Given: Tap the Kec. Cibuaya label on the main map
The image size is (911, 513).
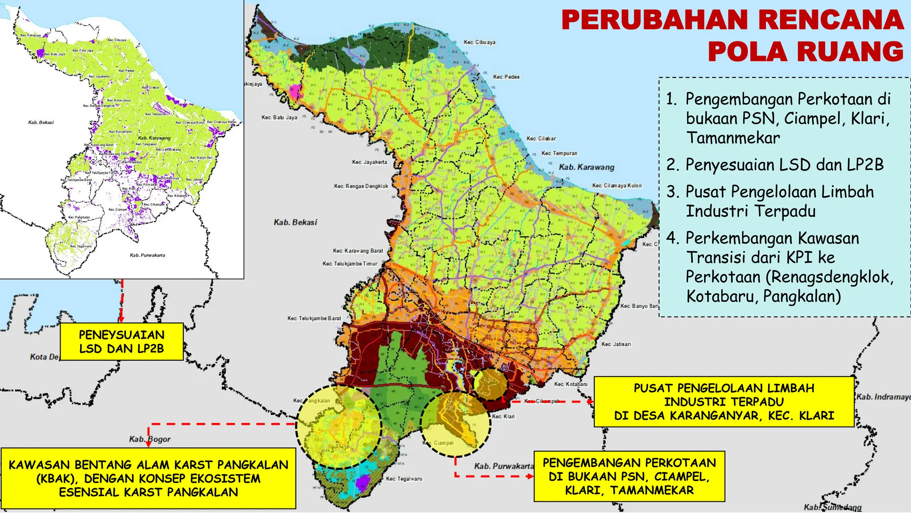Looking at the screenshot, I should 479,42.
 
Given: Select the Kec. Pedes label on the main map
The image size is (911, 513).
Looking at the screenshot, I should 506,77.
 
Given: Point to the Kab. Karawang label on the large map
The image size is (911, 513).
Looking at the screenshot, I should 586,167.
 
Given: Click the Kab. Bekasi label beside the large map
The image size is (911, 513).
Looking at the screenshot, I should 295,222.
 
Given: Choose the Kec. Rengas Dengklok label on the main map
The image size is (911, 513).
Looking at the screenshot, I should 361,186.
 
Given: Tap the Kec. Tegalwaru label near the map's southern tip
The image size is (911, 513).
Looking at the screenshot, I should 404,479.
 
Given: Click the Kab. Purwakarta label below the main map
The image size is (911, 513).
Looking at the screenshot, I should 504,466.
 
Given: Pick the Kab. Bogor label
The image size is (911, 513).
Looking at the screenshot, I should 149,439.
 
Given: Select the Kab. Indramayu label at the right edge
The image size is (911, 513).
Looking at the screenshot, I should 883,397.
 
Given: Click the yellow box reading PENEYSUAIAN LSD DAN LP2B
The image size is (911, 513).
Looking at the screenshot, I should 121,342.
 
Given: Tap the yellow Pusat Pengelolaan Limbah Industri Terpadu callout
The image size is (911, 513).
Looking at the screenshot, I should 724,402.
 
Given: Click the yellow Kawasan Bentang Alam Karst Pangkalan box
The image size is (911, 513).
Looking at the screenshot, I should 148,478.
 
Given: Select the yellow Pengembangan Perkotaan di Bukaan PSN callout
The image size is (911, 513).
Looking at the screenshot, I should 629,476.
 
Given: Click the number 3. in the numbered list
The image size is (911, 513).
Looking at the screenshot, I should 673,192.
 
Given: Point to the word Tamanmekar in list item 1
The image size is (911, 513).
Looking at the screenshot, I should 733,138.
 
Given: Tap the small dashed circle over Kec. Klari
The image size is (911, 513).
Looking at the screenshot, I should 490,384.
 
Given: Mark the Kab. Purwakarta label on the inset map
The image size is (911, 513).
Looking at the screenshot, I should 147,255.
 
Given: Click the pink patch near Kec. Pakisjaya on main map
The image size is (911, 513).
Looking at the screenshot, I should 294,91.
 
